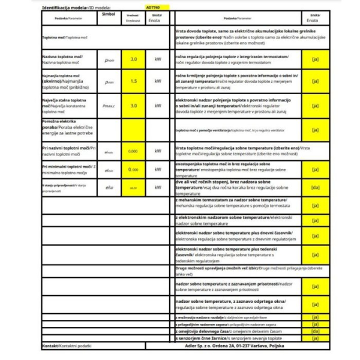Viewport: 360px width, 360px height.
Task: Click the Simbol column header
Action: pyautogui.click(x=109, y=13)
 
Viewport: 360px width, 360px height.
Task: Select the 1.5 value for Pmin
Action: pyautogui.click(x=133, y=81)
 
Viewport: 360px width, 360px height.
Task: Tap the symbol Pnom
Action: pyautogui.click(x=109, y=59)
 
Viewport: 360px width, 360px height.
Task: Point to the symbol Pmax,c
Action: pyautogui.click(x=109, y=106)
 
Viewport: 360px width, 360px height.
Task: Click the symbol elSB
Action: pyautogui.click(x=109, y=188)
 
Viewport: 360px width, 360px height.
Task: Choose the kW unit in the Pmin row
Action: pyautogui.click(x=158, y=81)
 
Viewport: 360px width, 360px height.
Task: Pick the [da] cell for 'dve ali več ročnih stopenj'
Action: pyautogui.click(x=315, y=188)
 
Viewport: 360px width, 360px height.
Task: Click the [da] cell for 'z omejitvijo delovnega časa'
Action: pyautogui.click(x=315, y=331)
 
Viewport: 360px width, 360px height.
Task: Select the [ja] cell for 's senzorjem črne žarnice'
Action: pyautogui.click(x=315, y=338)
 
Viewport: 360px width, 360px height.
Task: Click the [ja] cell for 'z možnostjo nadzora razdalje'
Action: pyautogui.click(x=315, y=316)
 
